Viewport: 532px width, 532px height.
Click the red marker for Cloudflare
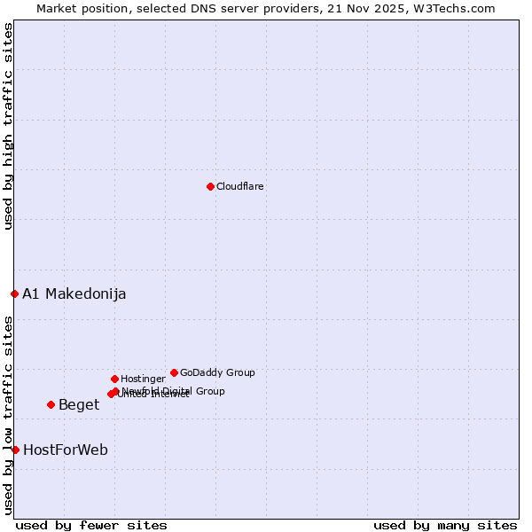click(x=210, y=186)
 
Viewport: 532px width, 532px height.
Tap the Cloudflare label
click(x=240, y=186)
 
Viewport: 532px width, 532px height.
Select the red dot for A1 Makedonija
click(x=14, y=293)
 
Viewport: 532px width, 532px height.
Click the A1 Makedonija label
click(x=74, y=294)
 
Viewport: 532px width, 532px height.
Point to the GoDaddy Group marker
click(x=174, y=372)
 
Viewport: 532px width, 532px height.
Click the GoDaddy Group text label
click(x=217, y=372)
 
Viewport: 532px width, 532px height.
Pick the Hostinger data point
click(x=114, y=379)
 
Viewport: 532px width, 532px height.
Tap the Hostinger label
click(x=143, y=379)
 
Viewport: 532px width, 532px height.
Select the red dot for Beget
click(x=51, y=404)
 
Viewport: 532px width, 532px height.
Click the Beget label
click(x=79, y=405)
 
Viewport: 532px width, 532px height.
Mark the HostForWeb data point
click(x=15, y=450)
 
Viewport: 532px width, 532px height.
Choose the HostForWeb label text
click(x=66, y=450)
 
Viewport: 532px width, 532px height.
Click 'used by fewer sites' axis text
click(x=91, y=525)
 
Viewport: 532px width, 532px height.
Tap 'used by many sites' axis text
click(x=445, y=525)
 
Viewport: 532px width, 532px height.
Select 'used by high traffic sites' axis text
click(x=8, y=126)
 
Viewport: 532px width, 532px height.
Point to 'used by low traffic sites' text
click(x=8, y=415)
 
